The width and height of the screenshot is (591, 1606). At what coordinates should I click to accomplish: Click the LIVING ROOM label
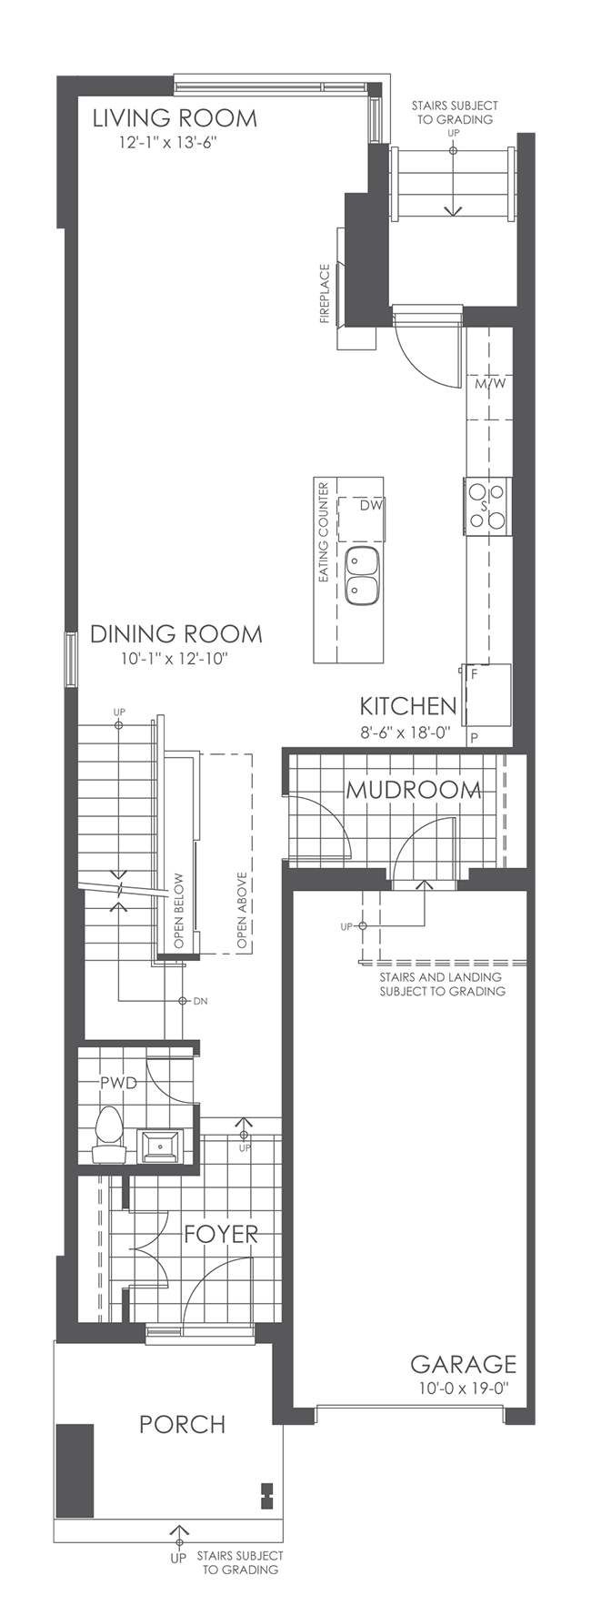175,118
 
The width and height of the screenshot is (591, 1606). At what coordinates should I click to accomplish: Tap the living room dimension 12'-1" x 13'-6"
167,143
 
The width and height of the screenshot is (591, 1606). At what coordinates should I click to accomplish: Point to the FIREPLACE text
324,294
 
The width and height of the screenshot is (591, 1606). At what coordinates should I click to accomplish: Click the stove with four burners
486,506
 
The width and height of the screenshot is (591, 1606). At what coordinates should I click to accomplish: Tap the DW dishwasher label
370,505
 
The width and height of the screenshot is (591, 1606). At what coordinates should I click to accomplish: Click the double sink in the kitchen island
362,575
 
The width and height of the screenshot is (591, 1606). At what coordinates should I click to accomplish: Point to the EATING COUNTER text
322,532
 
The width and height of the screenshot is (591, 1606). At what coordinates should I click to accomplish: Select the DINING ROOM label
175,634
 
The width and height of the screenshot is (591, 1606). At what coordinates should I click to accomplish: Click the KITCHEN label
407,706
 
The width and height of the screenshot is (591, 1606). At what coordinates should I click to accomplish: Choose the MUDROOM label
413,790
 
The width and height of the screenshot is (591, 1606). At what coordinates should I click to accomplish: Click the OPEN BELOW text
179,911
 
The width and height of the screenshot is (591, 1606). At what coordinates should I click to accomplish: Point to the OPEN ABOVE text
243,911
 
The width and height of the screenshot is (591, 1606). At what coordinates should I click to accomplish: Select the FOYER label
221,1234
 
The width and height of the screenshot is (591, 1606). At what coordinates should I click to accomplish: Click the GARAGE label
463,1364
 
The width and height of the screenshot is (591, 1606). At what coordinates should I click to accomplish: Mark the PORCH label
182,1424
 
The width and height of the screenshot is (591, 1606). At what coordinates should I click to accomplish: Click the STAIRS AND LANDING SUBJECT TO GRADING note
442,985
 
